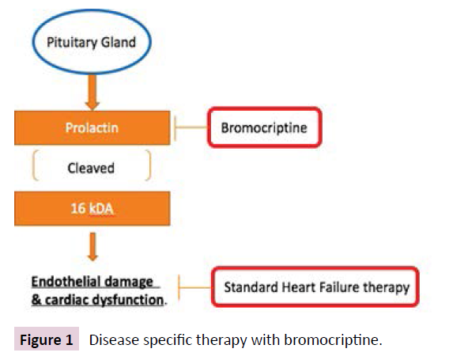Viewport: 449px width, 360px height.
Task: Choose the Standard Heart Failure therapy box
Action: click(316, 287)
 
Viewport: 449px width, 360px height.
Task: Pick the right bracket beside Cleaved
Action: click(148, 168)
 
